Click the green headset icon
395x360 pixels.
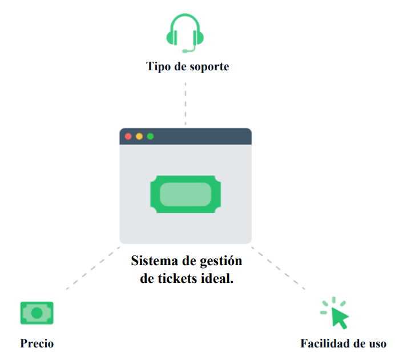pyautogui.click(x=185, y=31)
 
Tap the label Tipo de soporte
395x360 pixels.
pyautogui.click(x=187, y=66)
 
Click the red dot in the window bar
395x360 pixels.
pyautogui.click(x=128, y=136)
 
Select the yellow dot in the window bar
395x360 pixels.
pyautogui.click(x=139, y=136)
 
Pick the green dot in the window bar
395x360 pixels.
pyautogui.click(x=151, y=136)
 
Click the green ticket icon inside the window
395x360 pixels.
pyautogui.click(x=185, y=194)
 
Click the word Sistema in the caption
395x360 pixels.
pyautogui.click(x=154, y=261)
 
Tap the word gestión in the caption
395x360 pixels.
pyautogui.click(x=220, y=262)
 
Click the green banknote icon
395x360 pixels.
pyautogui.click(x=37, y=313)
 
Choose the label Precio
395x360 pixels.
pyautogui.click(x=37, y=343)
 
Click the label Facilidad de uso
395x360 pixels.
pyautogui.click(x=343, y=343)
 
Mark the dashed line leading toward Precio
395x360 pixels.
pyautogui.click(x=91, y=269)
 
